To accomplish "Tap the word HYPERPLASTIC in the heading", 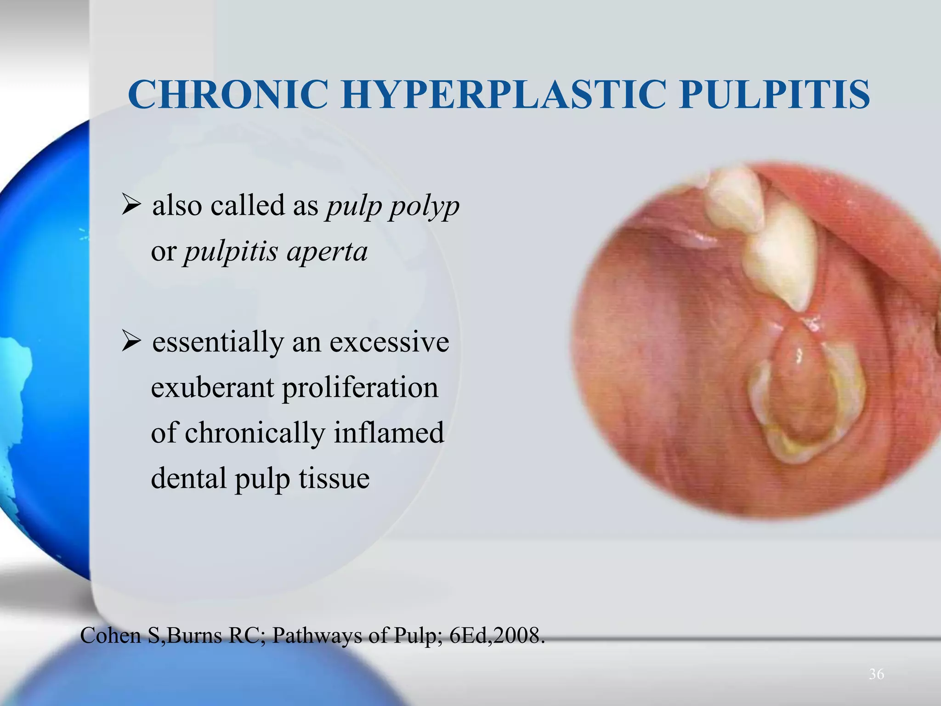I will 503,95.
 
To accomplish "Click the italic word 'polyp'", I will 425,206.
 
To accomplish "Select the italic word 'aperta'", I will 327,251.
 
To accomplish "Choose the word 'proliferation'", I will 360,387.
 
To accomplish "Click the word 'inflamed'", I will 389,433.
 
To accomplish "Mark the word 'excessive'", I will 389,342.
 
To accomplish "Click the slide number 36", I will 876,674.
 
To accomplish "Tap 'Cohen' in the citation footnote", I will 110,636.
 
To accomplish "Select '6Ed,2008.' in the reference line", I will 497,636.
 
